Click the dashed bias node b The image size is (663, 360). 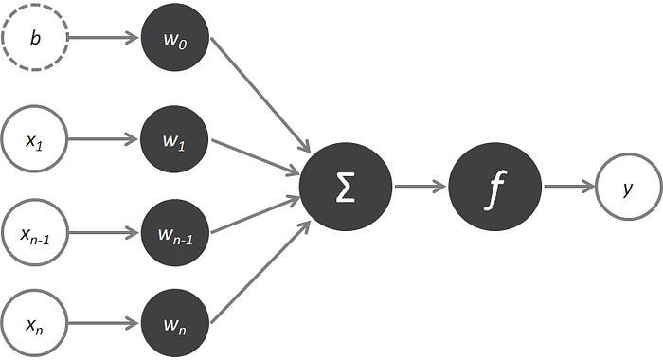tap(35, 37)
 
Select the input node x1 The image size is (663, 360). tap(35, 138)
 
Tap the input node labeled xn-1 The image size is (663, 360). tap(35, 232)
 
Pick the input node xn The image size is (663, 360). tap(35, 324)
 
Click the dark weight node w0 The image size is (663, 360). tap(175, 37)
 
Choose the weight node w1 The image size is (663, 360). tap(174, 138)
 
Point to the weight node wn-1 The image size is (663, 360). tap(175, 232)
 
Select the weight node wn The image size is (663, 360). tap(175, 324)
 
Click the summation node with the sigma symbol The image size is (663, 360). tap(346, 187)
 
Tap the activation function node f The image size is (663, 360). tap(494, 187)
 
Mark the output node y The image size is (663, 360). tap(628, 187)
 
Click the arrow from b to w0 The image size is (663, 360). tap(104, 38)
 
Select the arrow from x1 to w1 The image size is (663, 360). tap(103, 138)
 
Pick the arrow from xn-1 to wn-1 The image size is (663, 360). tap(104, 232)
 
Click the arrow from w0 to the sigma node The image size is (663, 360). tap(260, 95)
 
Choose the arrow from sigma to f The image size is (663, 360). tap(421, 186)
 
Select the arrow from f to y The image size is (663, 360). tap(569, 186)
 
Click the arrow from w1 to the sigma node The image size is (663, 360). tap(256, 157)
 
